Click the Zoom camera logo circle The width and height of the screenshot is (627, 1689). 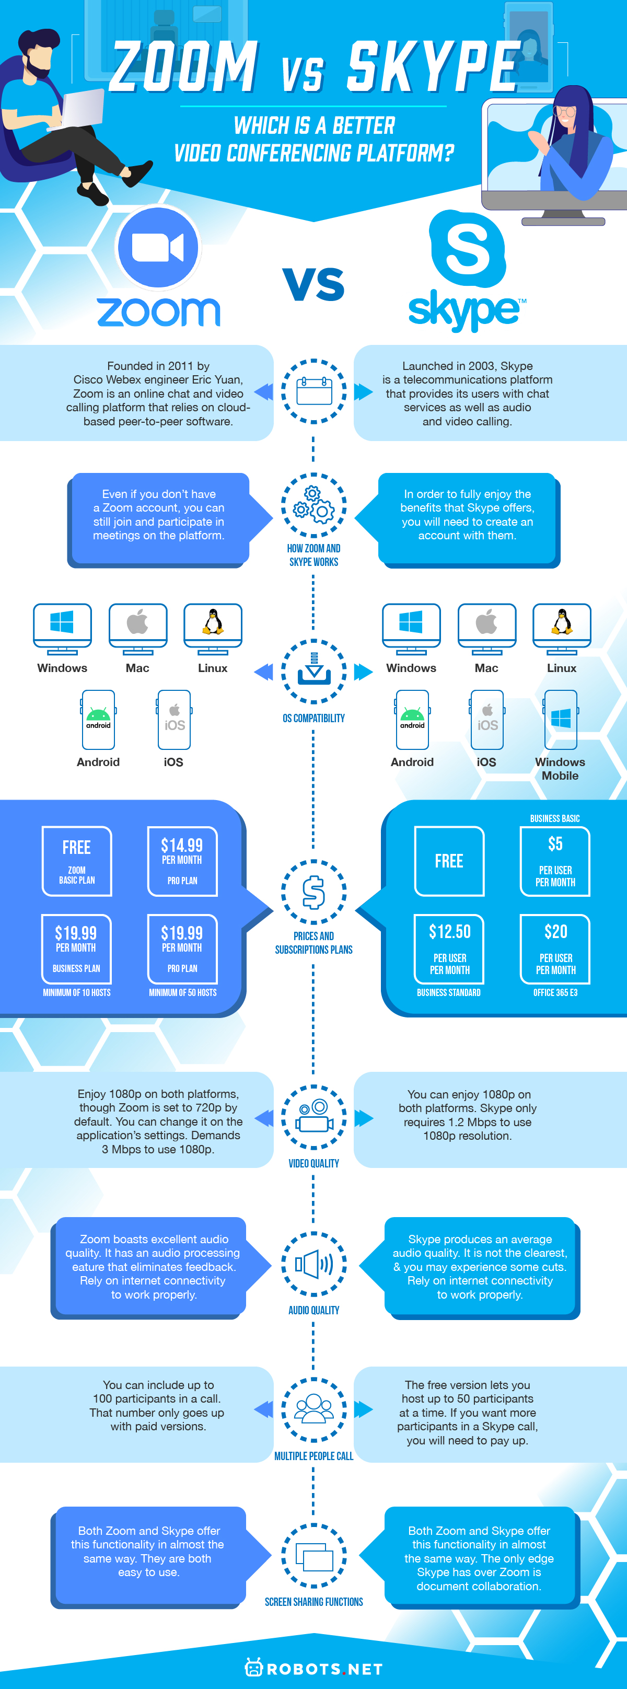[x=158, y=247]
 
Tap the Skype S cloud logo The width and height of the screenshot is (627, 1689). [x=467, y=249]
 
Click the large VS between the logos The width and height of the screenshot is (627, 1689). [x=313, y=284]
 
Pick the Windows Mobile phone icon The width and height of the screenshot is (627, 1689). [x=561, y=719]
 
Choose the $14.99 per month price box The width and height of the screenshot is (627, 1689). [x=182, y=861]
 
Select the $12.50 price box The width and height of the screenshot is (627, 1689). [x=449, y=948]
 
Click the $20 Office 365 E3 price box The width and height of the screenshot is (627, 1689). [x=555, y=948]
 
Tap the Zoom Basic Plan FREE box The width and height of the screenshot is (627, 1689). [x=77, y=861]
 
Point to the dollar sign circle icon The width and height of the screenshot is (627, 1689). [x=313, y=892]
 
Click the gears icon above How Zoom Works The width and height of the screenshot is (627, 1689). [x=313, y=505]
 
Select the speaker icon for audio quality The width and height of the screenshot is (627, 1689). [x=313, y=1264]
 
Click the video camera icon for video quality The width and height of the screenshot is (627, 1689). [x=313, y=1117]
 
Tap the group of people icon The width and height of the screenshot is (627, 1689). [x=313, y=1409]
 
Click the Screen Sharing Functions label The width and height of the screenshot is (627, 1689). [x=313, y=1602]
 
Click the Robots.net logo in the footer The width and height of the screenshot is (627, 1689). [x=313, y=1669]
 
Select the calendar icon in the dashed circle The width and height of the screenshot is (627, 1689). [x=313, y=391]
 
